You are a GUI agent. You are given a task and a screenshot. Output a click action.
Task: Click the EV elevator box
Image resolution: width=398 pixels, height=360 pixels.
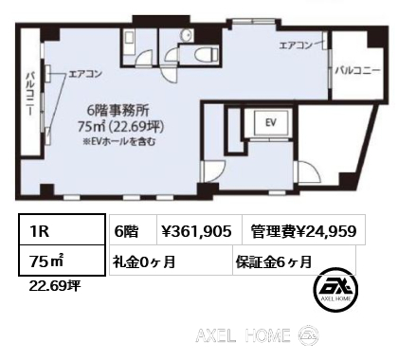271,122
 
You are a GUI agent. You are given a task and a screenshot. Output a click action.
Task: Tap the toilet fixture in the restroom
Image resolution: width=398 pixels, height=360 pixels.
207,54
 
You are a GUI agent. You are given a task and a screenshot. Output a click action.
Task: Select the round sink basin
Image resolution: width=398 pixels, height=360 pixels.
187,35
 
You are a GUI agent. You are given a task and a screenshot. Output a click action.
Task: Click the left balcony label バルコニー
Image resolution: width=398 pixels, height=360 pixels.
30,94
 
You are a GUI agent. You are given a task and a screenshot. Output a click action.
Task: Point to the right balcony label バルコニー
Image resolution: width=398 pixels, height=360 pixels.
357,71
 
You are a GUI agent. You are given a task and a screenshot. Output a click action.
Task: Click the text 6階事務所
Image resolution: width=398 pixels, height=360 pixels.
118,110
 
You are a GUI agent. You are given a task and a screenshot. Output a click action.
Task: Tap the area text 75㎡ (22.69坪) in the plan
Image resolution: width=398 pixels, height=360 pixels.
120,126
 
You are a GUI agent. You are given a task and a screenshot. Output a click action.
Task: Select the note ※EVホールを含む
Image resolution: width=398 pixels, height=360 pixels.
119,141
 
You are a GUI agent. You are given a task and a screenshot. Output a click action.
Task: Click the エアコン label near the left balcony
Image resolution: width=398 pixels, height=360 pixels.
85,74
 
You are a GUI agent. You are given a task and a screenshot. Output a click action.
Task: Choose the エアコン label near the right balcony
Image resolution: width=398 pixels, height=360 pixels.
296,45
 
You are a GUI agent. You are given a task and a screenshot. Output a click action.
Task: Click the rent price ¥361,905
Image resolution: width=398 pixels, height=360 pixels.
196,231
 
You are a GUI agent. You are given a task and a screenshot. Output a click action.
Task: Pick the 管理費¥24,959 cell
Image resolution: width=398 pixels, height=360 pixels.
303,231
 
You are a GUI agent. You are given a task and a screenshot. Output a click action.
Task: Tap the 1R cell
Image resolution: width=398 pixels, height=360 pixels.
62,230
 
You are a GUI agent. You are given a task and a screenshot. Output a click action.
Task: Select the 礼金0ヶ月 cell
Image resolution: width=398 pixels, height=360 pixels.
171,261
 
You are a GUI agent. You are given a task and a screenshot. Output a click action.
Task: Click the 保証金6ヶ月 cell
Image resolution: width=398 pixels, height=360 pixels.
294,261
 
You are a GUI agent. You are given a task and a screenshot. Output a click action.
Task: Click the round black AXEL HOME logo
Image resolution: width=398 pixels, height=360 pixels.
335,291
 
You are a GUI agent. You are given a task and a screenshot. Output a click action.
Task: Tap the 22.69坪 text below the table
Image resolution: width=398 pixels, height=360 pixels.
55,286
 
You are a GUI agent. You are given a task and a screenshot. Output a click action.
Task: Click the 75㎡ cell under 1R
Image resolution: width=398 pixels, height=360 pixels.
62,260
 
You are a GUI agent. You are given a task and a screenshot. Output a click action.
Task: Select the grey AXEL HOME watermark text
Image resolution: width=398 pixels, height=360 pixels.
243,335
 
